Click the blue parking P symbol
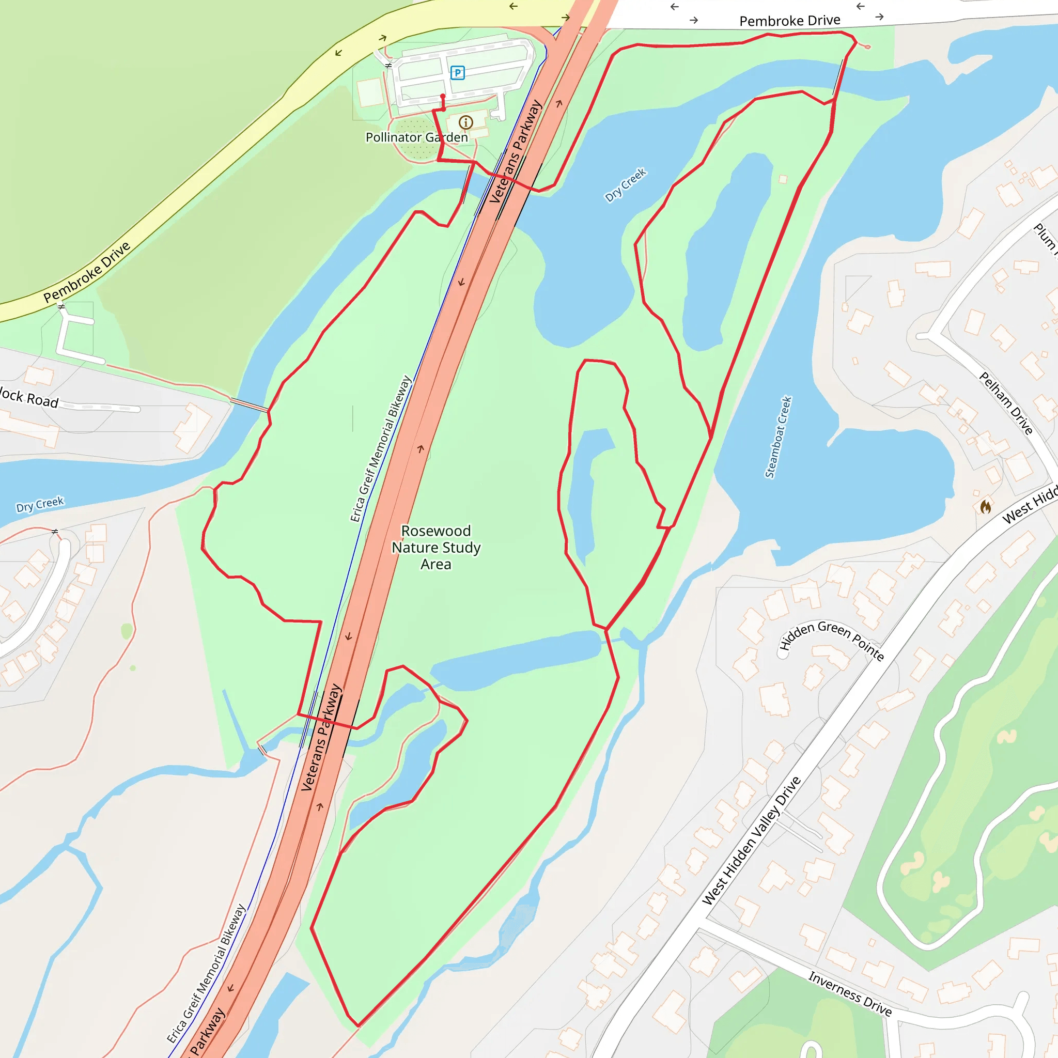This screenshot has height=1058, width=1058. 457,72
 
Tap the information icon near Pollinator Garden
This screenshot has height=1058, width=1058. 465,122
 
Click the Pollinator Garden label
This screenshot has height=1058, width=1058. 417,137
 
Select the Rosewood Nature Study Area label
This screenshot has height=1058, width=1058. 436,547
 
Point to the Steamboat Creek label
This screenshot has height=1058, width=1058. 778,437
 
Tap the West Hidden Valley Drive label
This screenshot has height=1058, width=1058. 752,841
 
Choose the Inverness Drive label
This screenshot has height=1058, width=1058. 850,993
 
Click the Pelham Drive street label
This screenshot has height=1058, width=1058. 1006,403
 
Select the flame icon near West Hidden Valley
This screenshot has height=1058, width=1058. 986,507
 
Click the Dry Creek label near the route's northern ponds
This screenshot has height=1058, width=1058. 626,185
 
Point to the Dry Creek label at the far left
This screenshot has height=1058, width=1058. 40,504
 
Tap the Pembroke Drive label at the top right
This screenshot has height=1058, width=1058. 790,21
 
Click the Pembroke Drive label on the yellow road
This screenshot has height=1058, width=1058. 87,272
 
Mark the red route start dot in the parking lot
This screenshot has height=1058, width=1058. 443,97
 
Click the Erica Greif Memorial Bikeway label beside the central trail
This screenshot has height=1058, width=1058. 381,448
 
